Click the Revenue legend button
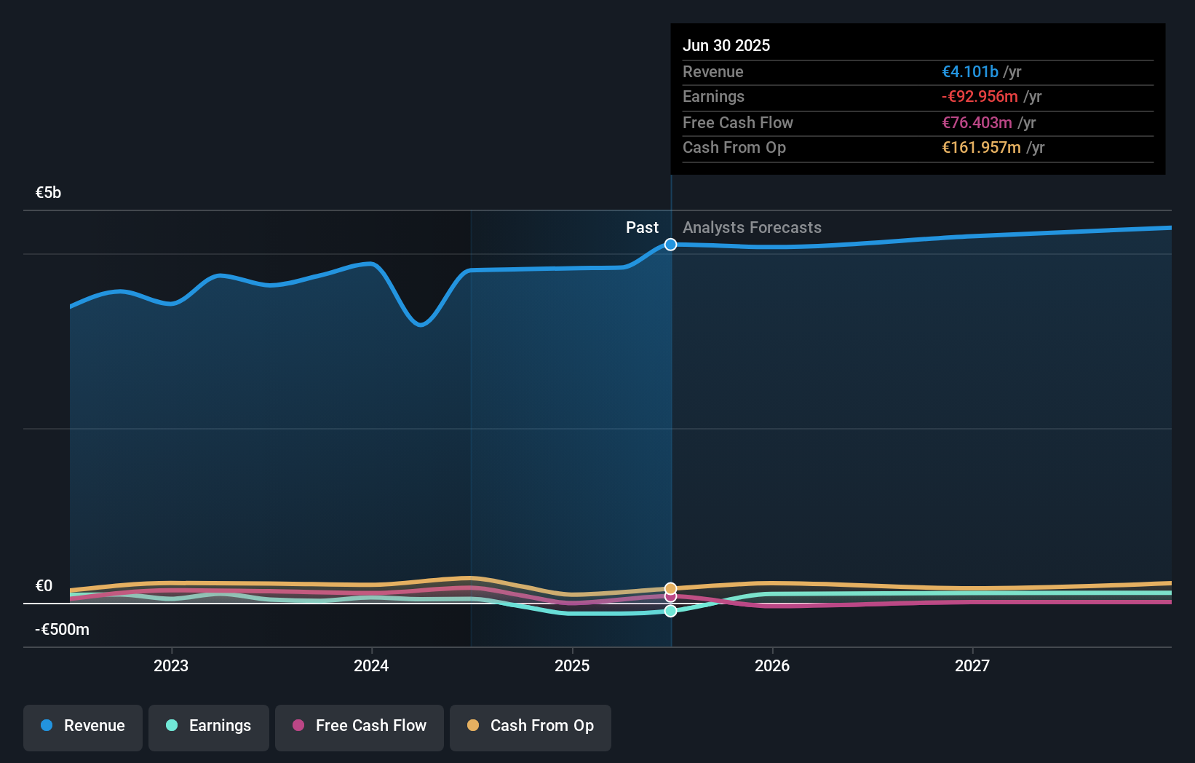click(83, 727)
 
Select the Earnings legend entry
click(209, 727)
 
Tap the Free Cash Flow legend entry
click(360, 727)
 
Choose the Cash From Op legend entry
click(531, 727)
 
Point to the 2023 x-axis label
click(171, 666)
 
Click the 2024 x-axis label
click(371, 666)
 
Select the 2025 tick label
click(572, 666)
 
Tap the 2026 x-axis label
click(772, 666)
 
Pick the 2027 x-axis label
click(972, 666)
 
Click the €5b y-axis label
click(49, 193)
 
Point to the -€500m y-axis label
click(63, 630)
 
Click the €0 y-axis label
click(44, 586)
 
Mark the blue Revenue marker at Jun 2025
click(671, 245)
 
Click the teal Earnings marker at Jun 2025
click(671, 611)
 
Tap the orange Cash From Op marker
click(671, 588)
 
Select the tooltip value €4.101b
click(970, 72)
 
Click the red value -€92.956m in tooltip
click(980, 97)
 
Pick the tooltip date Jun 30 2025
click(726, 46)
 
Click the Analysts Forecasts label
click(752, 228)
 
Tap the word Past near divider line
click(642, 228)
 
